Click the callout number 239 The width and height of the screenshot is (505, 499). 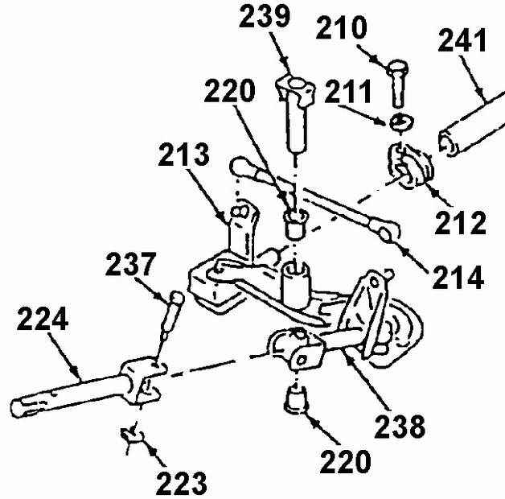point(264,16)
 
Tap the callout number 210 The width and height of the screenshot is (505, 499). point(342,27)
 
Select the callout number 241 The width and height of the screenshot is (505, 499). point(462,40)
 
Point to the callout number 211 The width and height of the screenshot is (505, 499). point(348,92)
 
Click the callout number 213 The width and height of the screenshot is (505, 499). point(183,154)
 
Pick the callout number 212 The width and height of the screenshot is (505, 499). point(460,223)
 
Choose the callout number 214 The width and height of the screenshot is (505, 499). point(458,277)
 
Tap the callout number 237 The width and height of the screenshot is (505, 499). point(131,264)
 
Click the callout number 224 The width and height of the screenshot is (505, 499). point(43,319)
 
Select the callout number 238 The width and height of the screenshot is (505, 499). point(400,426)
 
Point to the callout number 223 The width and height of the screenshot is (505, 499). point(181,483)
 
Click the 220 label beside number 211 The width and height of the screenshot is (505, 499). point(229,90)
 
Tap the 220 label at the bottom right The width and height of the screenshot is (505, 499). point(345,461)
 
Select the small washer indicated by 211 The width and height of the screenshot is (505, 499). point(401,123)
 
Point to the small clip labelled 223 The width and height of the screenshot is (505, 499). point(132,437)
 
